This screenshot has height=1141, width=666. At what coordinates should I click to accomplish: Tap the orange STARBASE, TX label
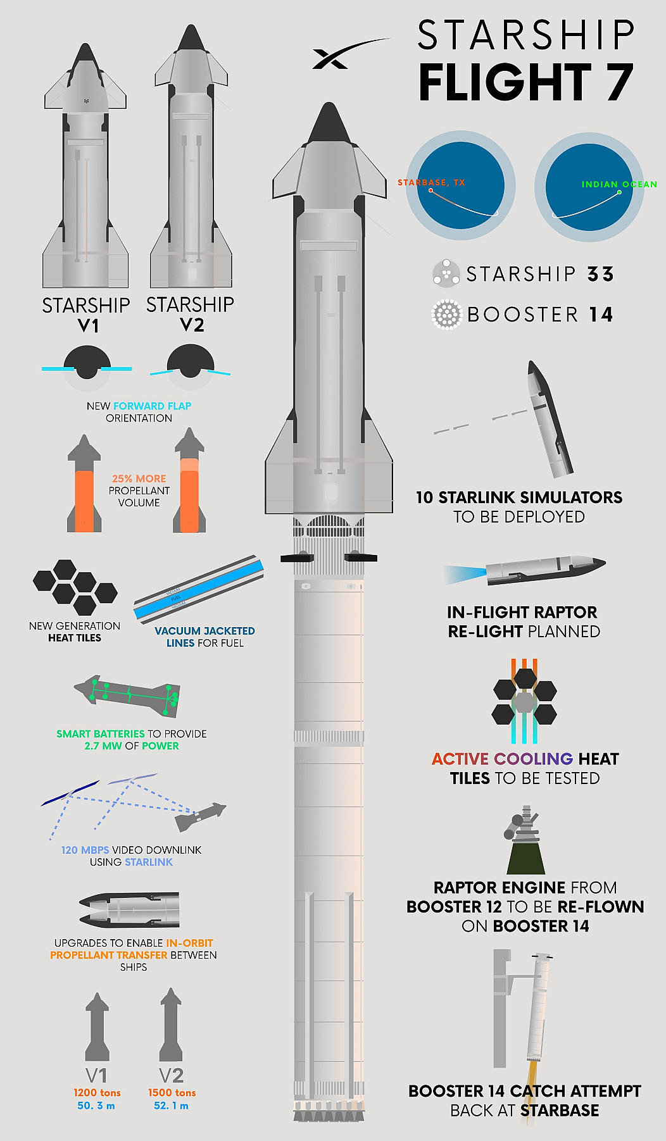coord(431,182)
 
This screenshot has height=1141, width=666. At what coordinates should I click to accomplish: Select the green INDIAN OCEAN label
coord(619,184)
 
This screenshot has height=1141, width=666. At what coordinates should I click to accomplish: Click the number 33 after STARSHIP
coord(601,274)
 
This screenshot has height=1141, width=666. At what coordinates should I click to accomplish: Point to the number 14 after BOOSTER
coord(601,315)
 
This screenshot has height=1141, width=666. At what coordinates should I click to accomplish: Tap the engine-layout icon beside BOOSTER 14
coord(446,315)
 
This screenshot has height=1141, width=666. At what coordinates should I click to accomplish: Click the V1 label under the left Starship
coord(88,326)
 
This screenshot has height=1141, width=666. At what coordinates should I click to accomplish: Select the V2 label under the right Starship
coord(192,325)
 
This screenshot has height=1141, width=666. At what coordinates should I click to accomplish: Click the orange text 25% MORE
coord(139,478)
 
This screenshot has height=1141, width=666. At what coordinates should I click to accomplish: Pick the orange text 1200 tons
coord(97,1092)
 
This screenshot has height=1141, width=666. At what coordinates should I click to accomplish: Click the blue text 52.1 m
coord(171,1106)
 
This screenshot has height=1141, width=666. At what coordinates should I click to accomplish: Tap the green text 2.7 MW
coord(103,745)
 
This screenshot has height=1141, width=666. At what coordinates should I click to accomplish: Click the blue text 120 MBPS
coord(85,850)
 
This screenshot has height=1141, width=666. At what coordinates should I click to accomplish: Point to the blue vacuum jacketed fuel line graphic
coord(199,589)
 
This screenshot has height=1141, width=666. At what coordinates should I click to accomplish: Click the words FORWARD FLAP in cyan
coord(152,406)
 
